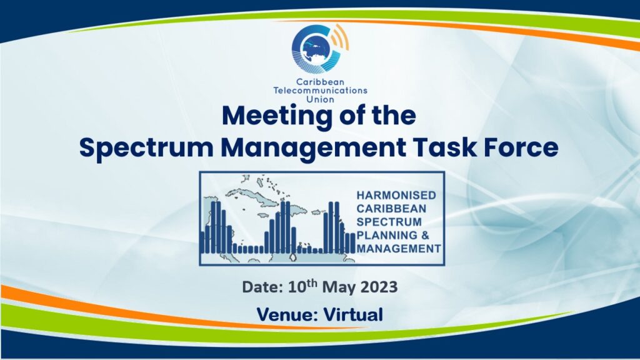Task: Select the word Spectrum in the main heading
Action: pyautogui.click(x=146, y=147)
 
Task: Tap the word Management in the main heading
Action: pyautogui.click(x=314, y=147)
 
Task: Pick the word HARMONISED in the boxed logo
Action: pyautogui.click(x=396, y=195)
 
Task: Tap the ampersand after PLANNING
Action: pyautogui.click(x=424, y=235)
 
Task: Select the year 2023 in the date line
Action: pyautogui.click(x=378, y=287)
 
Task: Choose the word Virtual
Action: pyautogui.click(x=354, y=315)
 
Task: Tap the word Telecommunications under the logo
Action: pyautogui.click(x=321, y=90)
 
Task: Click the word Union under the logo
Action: pyautogui.click(x=321, y=99)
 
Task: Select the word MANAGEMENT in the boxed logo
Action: pyautogui.click(x=399, y=249)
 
